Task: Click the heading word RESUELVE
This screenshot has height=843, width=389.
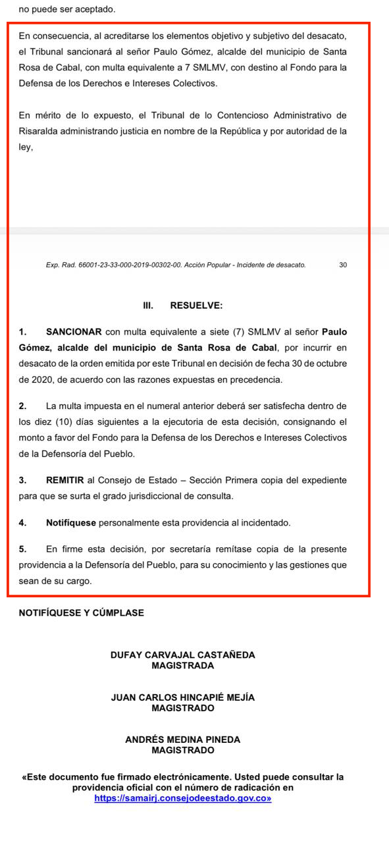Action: (x=196, y=306)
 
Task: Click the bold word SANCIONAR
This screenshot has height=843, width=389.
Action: (x=74, y=331)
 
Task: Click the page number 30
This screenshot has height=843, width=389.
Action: (x=343, y=265)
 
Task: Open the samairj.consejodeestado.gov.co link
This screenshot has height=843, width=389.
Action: (x=182, y=798)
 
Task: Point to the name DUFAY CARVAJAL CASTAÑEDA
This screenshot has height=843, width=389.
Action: (x=183, y=655)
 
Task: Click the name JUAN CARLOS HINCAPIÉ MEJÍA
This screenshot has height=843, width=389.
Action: (x=183, y=697)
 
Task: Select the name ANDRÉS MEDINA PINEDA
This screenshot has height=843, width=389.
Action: (x=183, y=740)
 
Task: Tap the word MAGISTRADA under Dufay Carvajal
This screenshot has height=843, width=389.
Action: (x=183, y=666)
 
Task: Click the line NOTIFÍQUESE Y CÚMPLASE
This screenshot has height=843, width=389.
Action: (x=82, y=612)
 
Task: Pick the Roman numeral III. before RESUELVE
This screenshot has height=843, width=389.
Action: (x=148, y=306)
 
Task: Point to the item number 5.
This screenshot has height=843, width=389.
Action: (x=22, y=549)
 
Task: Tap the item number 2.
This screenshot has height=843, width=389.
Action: (x=22, y=406)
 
